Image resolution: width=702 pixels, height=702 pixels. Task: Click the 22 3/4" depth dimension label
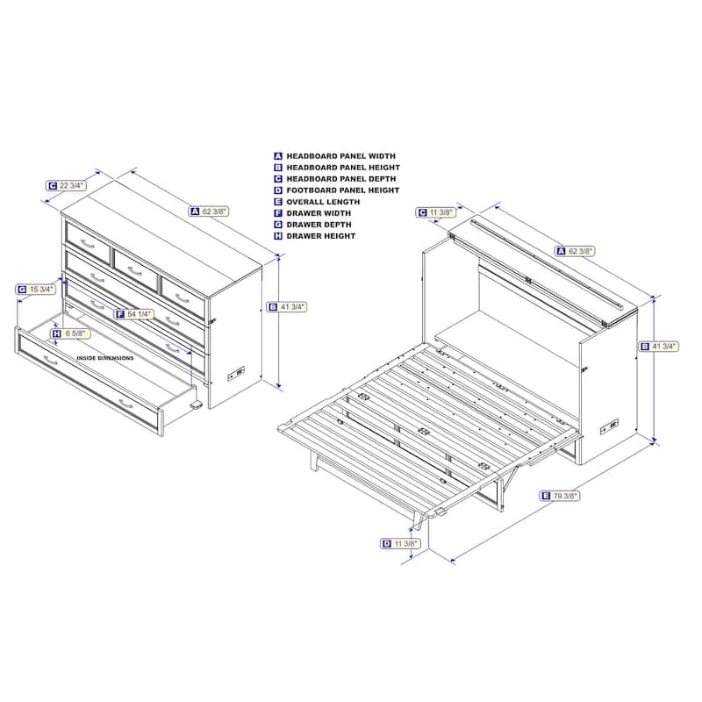67,185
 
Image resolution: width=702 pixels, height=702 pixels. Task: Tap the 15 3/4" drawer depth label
36,290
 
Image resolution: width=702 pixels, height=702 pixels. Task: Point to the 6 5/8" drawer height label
71,333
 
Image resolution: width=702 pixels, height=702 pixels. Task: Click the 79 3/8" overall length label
560,496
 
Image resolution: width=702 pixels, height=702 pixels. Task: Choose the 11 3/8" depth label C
436,212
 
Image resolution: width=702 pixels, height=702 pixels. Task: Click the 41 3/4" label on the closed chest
287,307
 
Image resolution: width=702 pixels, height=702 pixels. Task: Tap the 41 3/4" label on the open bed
659,347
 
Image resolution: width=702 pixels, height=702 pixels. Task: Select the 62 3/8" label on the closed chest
209,211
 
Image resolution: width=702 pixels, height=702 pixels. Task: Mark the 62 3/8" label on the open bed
576,251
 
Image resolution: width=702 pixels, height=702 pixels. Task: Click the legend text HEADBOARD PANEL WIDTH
340,156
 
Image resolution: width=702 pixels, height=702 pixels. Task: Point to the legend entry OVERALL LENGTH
323,202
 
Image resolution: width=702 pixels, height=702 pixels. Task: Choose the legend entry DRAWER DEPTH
319,225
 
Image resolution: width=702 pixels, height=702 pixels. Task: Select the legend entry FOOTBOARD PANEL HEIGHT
342,190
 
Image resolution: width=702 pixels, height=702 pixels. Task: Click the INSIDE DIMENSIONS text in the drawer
105,358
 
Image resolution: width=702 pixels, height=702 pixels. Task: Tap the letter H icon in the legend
278,236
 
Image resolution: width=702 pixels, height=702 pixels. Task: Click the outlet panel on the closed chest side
237,373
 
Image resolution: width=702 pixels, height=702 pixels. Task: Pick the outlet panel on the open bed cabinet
609,426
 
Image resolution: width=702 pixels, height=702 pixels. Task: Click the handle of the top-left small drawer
88,244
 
